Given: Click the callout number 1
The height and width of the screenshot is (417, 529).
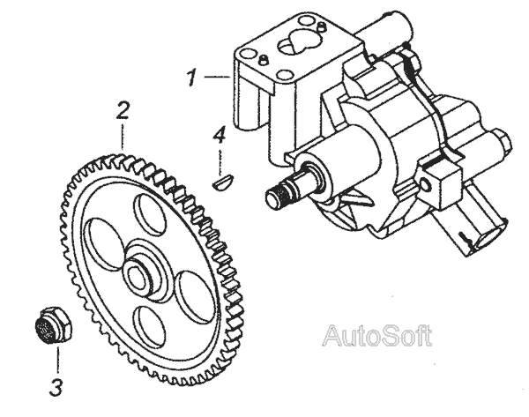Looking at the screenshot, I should (x=190, y=78).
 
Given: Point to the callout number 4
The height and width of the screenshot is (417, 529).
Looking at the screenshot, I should (x=220, y=135).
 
